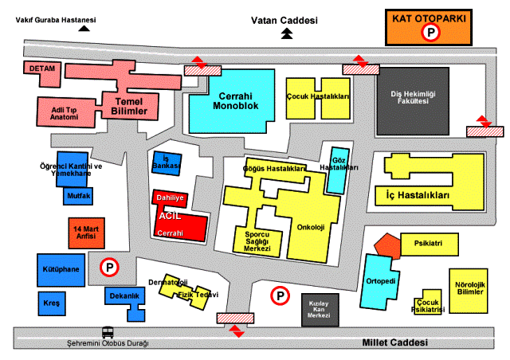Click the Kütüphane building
click(58, 270)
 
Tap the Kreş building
click(50, 303)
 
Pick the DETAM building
click(41, 69)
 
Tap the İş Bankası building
click(167, 163)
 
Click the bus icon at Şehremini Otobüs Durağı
click(108, 333)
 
